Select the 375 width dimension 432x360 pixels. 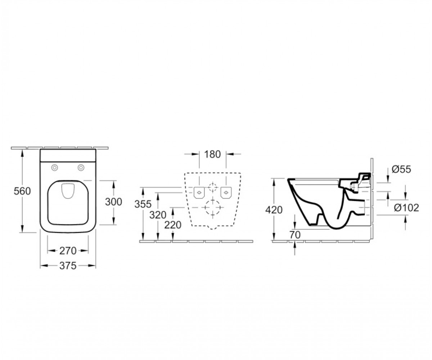coord(68,266)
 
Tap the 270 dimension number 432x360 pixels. coord(68,251)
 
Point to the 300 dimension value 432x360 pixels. coord(114,202)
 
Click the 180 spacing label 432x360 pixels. coord(212,154)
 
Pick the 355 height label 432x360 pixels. coord(143,204)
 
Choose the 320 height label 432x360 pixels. coord(158,215)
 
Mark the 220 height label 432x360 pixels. coord(173,225)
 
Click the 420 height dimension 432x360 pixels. coord(274,210)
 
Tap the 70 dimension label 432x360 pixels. coord(295,235)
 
